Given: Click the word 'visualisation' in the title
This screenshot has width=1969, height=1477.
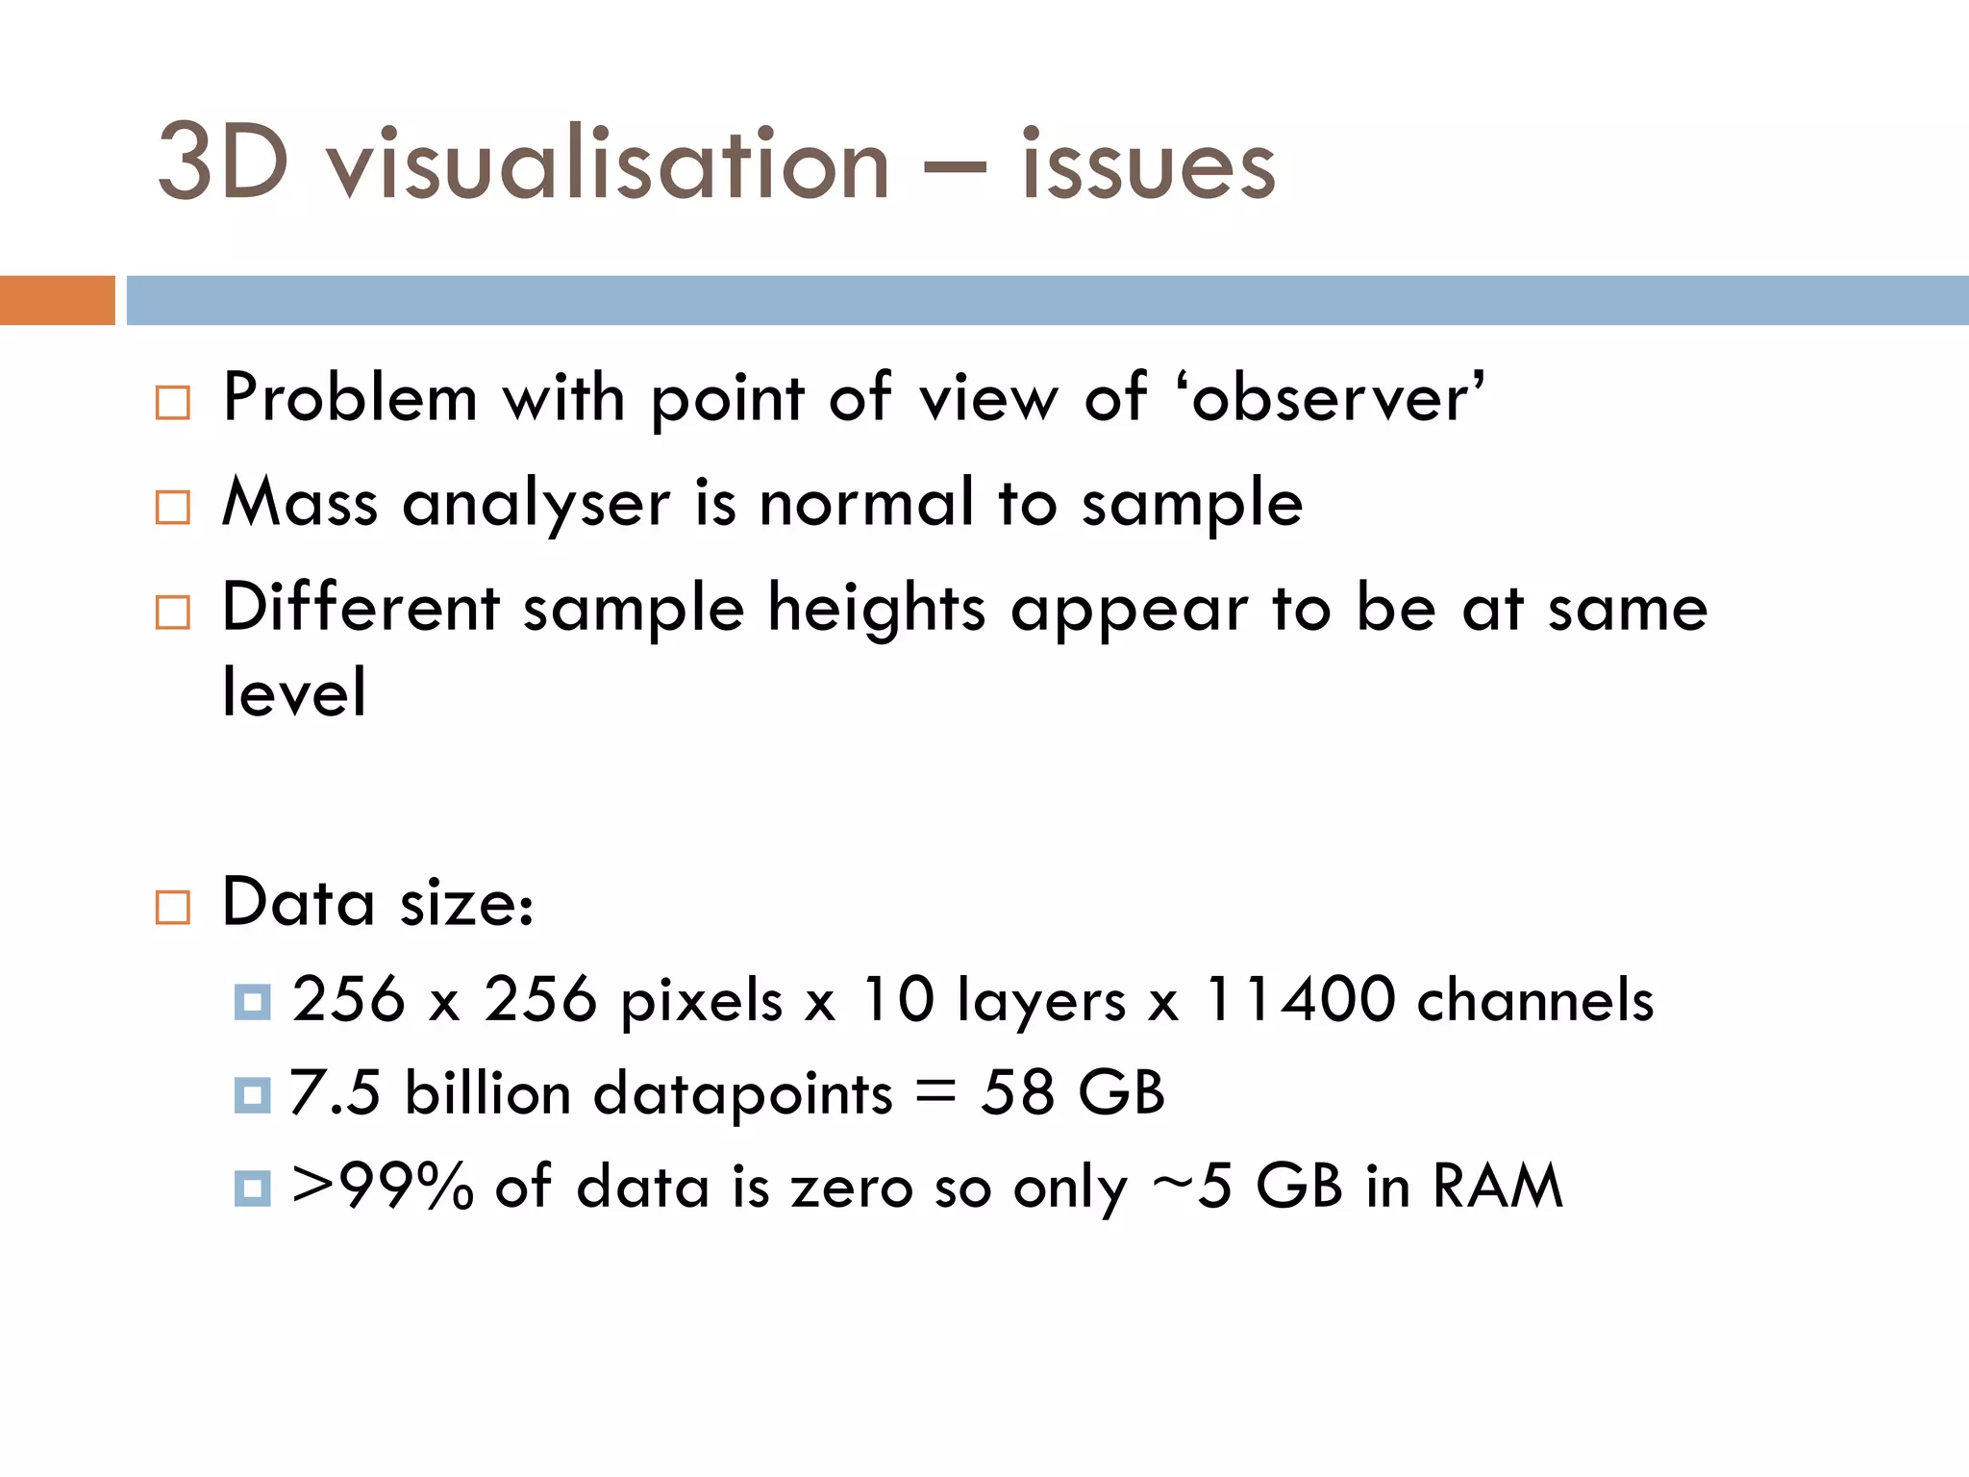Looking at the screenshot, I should coord(608,165).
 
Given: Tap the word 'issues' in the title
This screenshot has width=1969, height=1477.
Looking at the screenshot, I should coord(1148,165).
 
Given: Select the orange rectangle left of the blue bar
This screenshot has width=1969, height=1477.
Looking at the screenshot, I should coord(57,300).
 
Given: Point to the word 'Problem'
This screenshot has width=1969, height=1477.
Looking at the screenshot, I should coord(350,398).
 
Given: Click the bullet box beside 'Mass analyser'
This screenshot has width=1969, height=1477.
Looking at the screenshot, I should coord(173,507).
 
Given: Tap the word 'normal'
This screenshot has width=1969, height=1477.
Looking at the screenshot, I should coord(866,503).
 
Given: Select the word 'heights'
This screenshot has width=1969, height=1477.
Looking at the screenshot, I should coord(877,609).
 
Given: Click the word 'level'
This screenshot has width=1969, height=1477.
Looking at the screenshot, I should coord(294,692).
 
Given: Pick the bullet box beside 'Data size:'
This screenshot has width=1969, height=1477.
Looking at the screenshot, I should coord(173,907).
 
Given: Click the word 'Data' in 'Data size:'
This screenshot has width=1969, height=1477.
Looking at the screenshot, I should coord(298,903).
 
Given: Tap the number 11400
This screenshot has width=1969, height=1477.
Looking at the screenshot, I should coord(1300,999).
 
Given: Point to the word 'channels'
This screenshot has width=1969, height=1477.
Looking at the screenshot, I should coord(1535,999).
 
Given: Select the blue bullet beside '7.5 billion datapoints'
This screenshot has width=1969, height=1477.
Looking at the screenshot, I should coord(252,1095).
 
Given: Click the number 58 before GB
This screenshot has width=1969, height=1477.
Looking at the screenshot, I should coord(1017,1093).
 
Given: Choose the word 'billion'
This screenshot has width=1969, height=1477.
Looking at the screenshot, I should coord(487,1093).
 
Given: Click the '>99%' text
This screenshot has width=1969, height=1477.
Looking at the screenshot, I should coord(383,1187).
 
